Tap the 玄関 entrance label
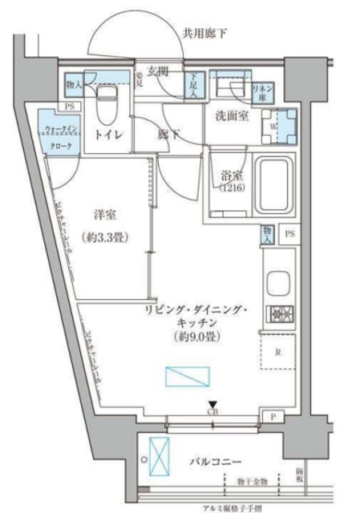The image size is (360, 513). click(158, 71)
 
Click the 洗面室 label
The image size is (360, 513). click(232, 116)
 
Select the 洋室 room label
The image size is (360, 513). click(106, 215)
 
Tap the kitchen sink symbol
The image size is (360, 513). click(280, 284)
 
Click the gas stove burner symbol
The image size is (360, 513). click(280, 313)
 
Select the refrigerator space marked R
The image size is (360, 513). click(277, 351)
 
